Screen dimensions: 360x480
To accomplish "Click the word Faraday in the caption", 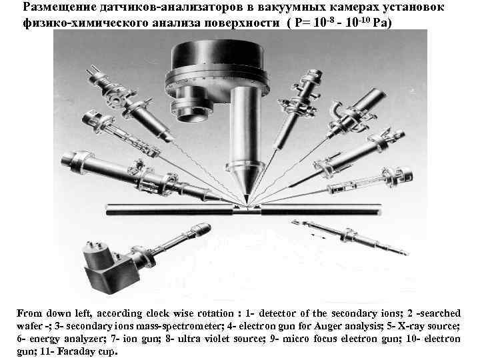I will point(61,351).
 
